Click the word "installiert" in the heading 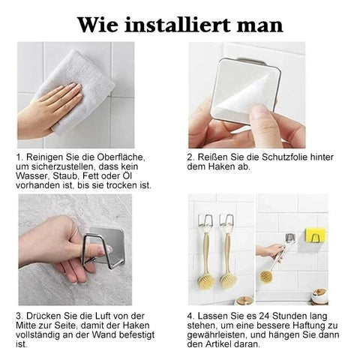pos(177,25)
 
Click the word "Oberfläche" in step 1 pos(121,157)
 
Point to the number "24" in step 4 pos(264,316)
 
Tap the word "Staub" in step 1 pos(64,176)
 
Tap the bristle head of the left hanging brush pos(207,279)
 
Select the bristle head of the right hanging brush pos(229,279)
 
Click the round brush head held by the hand pos(265,276)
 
